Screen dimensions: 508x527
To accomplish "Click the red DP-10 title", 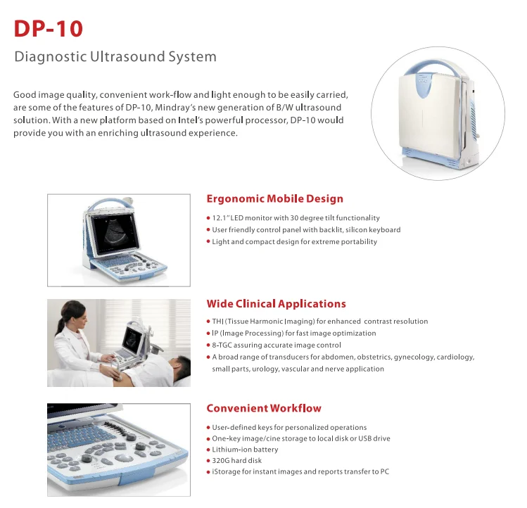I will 49,29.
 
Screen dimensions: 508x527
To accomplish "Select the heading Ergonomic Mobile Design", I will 274,199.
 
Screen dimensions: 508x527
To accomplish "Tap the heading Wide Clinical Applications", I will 276,304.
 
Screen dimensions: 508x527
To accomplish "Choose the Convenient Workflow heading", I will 263,408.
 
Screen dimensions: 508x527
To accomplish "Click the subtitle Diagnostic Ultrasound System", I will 115,57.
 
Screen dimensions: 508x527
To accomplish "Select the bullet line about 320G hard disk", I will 237,461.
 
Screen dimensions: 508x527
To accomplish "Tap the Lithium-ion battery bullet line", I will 245,450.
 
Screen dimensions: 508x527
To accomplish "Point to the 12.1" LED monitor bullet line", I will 296,218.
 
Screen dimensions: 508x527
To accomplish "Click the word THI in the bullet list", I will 218,322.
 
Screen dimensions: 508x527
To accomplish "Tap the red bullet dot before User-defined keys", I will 208,428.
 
